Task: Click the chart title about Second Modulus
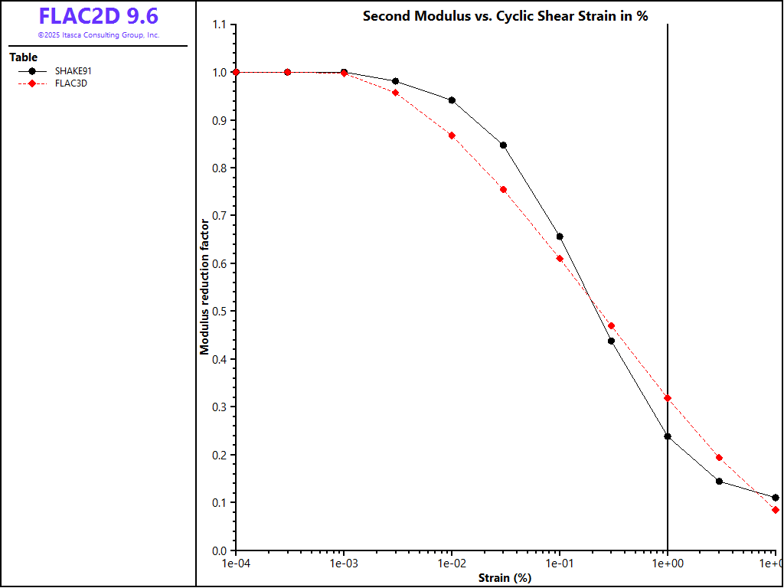(x=505, y=15)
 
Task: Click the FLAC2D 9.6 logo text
(x=99, y=16)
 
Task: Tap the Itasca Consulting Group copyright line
(x=99, y=35)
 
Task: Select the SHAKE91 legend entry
(x=73, y=70)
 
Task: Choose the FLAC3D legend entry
(x=70, y=83)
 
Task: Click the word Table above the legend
(x=23, y=57)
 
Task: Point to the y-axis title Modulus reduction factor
(x=204, y=287)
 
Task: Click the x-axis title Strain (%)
(x=505, y=578)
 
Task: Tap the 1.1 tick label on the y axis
(x=220, y=25)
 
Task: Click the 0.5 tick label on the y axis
(x=220, y=312)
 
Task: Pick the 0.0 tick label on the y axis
(x=220, y=550)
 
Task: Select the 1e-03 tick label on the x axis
(x=344, y=564)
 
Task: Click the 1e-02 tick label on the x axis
(x=452, y=564)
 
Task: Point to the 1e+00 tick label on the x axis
(x=668, y=564)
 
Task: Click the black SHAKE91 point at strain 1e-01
(x=560, y=237)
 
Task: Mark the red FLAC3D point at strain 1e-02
(x=452, y=136)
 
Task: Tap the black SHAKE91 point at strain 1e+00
(x=668, y=436)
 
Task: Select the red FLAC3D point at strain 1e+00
(x=668, y=398)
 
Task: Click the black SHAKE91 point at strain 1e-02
(x=452, y=100)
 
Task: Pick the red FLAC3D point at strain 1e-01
(x=560, y=259)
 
